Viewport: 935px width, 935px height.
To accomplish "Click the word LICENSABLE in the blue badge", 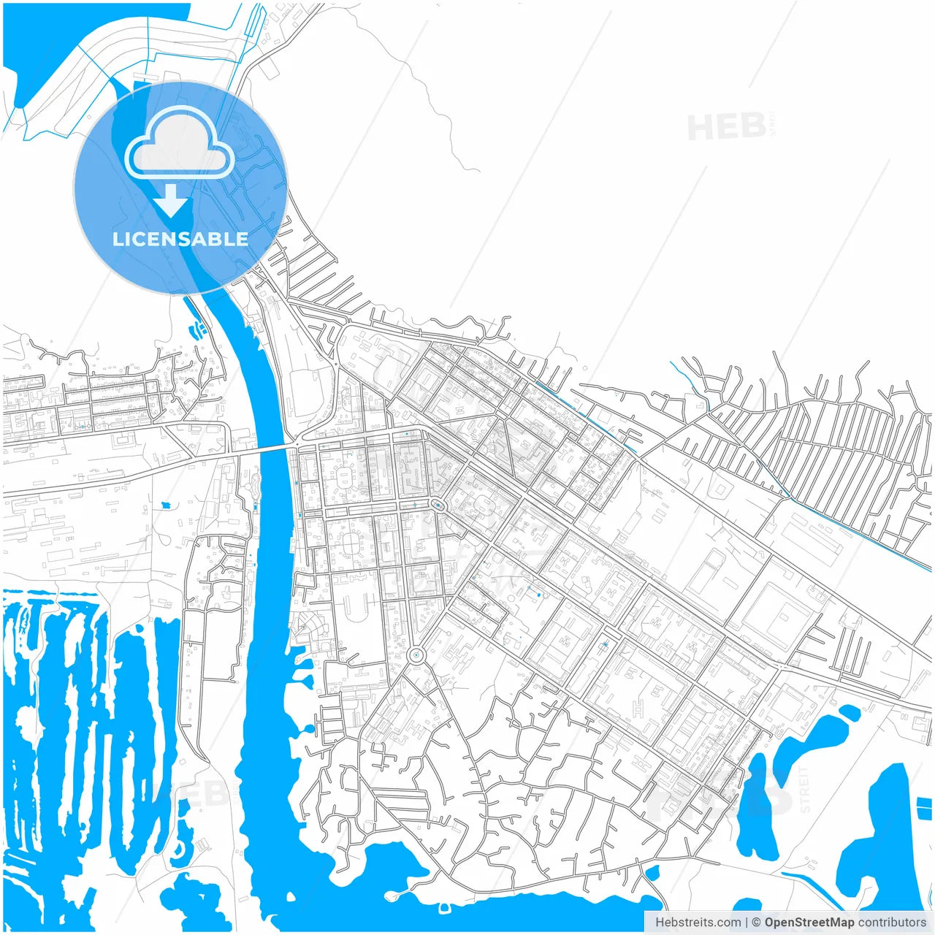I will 180,239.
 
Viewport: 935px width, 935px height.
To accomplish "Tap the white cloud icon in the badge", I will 179,144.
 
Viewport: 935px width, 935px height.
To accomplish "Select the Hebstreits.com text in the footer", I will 698,923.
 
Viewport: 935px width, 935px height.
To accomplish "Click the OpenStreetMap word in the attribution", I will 809,923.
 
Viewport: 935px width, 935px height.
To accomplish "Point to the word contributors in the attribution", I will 892,923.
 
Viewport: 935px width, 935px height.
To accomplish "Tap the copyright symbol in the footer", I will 757,923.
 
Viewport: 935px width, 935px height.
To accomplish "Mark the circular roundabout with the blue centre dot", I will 416,655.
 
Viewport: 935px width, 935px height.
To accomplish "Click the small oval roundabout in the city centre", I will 437,505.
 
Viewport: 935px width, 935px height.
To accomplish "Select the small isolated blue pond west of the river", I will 166,505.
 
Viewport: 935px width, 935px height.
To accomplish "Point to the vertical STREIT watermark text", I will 804,789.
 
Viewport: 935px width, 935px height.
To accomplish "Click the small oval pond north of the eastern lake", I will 849,711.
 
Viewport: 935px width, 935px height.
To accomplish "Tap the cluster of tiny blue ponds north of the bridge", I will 198,329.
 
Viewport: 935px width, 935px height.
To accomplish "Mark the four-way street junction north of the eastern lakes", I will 781,667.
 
